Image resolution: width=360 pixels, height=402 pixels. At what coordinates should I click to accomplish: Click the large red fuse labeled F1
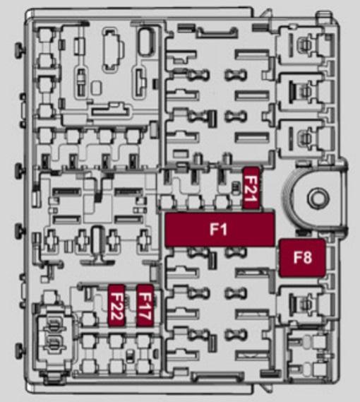[220, 230]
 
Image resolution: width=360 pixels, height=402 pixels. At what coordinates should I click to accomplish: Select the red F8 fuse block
[302, 258]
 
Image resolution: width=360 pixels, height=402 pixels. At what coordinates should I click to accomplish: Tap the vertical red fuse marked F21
[251, 188]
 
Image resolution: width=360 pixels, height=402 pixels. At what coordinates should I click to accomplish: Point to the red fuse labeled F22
[116, 305]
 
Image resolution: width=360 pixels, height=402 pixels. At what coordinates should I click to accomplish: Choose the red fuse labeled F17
[145, 305]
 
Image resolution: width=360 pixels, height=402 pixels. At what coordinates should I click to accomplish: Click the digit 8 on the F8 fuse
[308, 257]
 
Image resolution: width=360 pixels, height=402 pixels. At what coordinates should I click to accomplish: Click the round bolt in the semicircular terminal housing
[318, 199]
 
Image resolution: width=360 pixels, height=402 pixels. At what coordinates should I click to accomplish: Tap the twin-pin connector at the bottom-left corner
[54, 335]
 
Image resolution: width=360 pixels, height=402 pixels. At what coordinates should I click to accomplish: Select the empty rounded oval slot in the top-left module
[146, 42]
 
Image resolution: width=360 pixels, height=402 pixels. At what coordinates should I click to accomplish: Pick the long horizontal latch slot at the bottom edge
[218, 377]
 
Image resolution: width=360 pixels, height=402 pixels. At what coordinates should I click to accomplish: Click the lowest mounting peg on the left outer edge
[20, 350]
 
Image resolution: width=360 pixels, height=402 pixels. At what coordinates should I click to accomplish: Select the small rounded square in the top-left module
[96, 87]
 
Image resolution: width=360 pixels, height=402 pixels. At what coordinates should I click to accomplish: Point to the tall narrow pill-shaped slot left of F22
[97, 240]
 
